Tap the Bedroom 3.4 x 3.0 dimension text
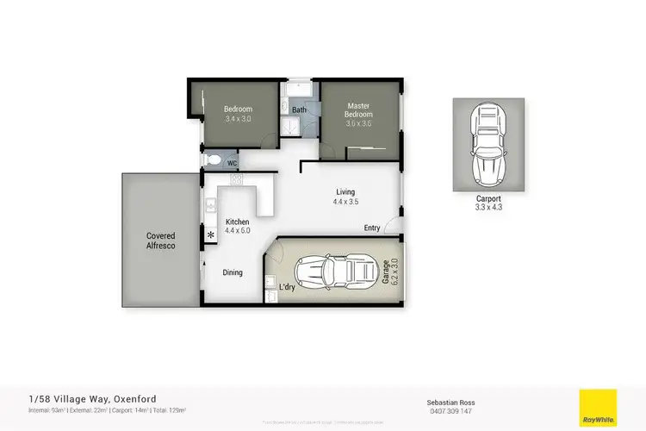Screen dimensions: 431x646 pos(237,119)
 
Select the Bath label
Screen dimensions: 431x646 pos(299,109)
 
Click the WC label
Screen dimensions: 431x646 pos(232,162)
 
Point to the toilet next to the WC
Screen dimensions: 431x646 pos(212,161)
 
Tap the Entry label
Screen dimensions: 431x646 pos(372,228)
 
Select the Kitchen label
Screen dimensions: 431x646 pos(237,222)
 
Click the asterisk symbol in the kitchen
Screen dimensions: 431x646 pos(210,234)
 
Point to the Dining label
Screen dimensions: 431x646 pos(232,272)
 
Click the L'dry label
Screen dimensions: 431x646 pos(287,287)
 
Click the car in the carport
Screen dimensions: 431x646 pos(488,145)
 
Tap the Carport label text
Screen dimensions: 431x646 pos(488,198)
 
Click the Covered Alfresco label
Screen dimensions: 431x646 pos(161,240)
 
